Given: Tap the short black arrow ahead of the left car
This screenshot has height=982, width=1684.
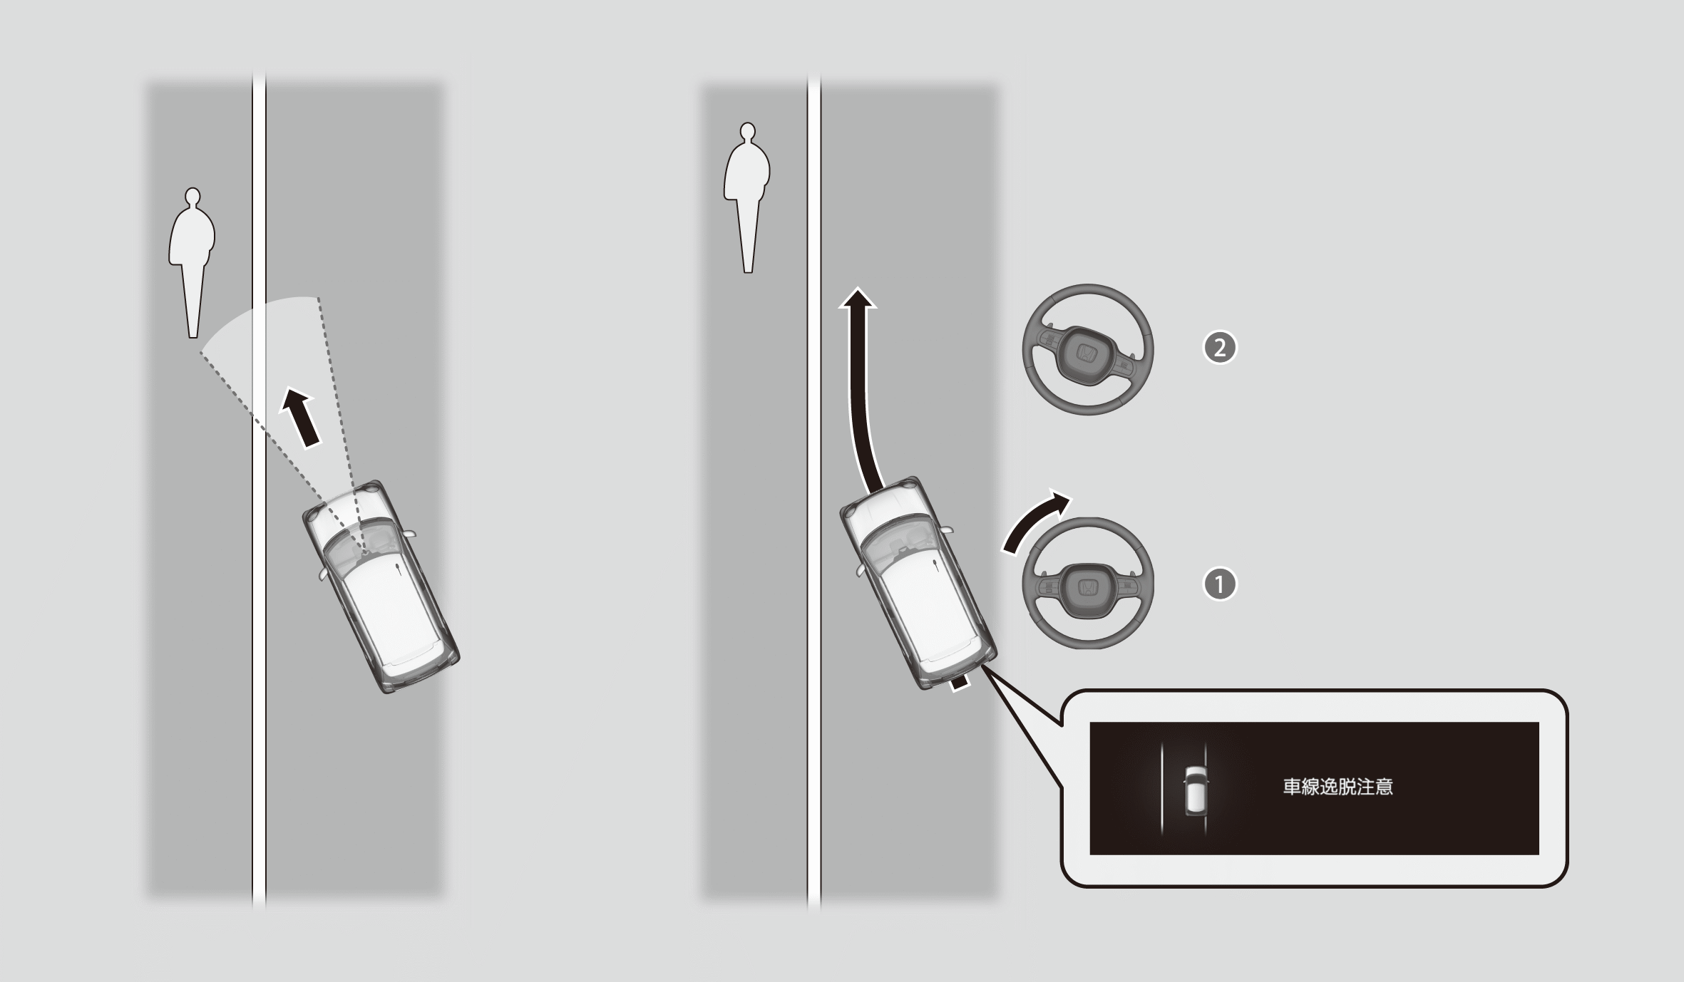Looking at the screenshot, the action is (301, 416).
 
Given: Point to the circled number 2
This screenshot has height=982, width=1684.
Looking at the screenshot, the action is (1220, 348).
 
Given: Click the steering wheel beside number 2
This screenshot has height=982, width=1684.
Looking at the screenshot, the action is (1088, 350).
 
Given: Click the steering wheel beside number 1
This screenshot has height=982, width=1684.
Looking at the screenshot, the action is (1088, 584).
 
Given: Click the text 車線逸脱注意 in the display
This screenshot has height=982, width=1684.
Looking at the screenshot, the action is (1338, 787).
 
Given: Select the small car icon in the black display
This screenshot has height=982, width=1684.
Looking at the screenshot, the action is (1196, 790).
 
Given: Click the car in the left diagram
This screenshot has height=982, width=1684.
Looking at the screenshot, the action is (381, 586).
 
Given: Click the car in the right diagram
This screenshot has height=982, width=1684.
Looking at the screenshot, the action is (918, 583).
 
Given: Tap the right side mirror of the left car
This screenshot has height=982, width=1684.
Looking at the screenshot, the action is (409, 533).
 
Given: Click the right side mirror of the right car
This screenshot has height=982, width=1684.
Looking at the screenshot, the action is (946, 529).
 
